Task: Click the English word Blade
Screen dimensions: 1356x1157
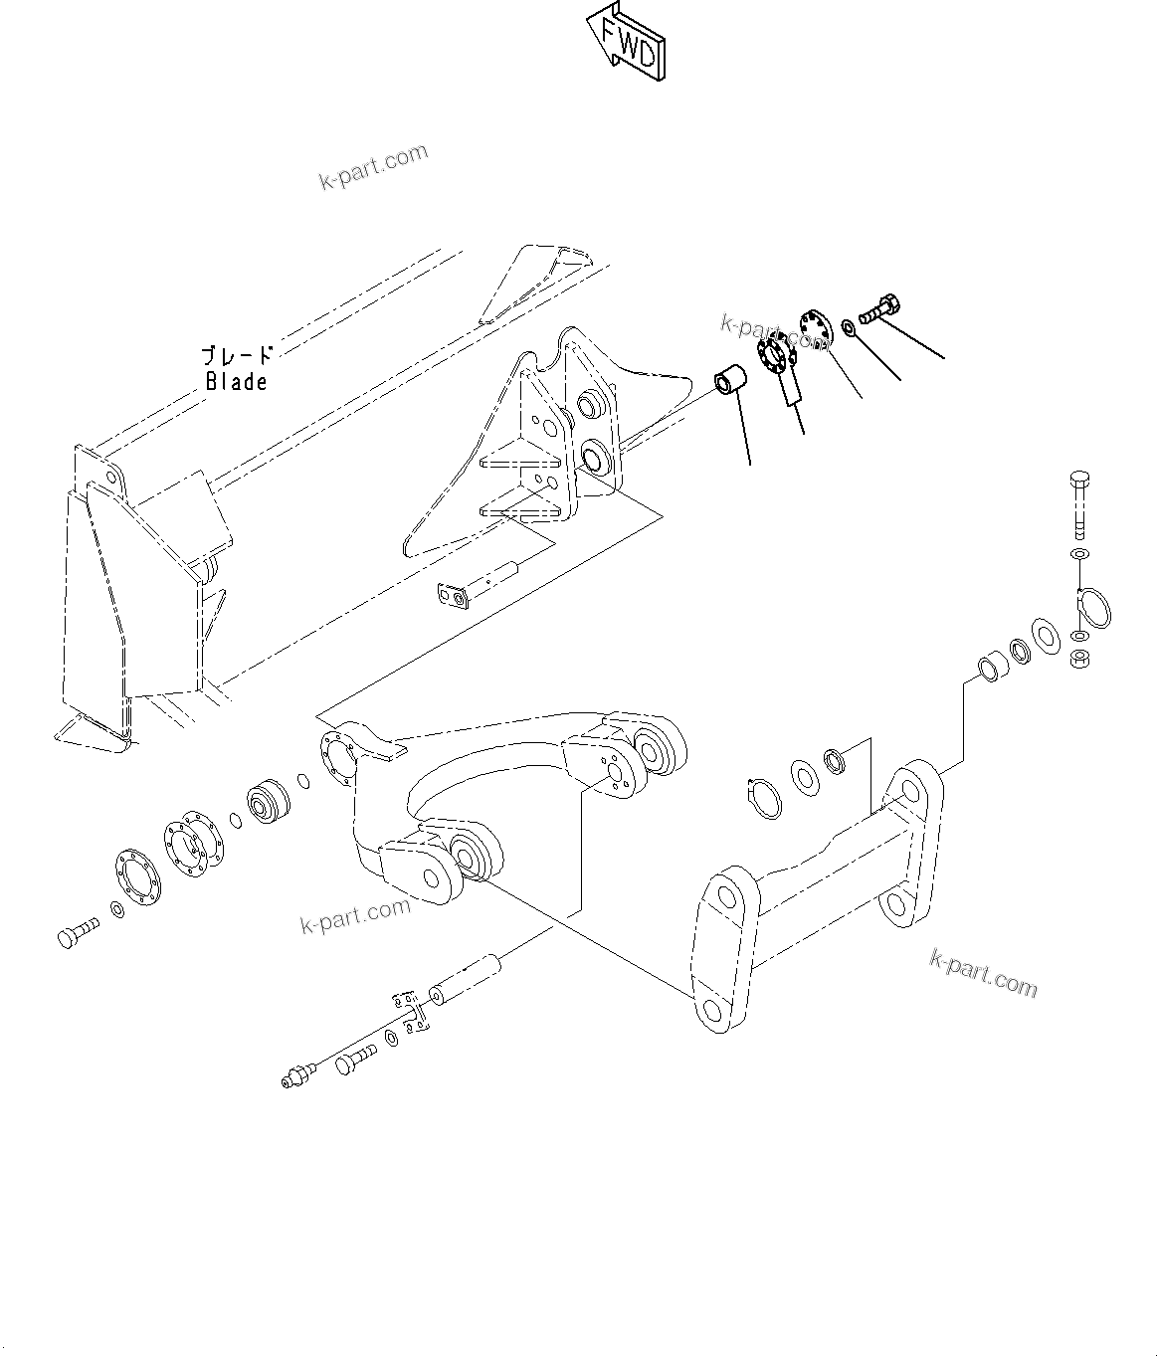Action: tap(237, 381)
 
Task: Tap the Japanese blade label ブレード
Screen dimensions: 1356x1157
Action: tap(236, 356)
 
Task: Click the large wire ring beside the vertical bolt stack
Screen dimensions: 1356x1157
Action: tap(1097, 609)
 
